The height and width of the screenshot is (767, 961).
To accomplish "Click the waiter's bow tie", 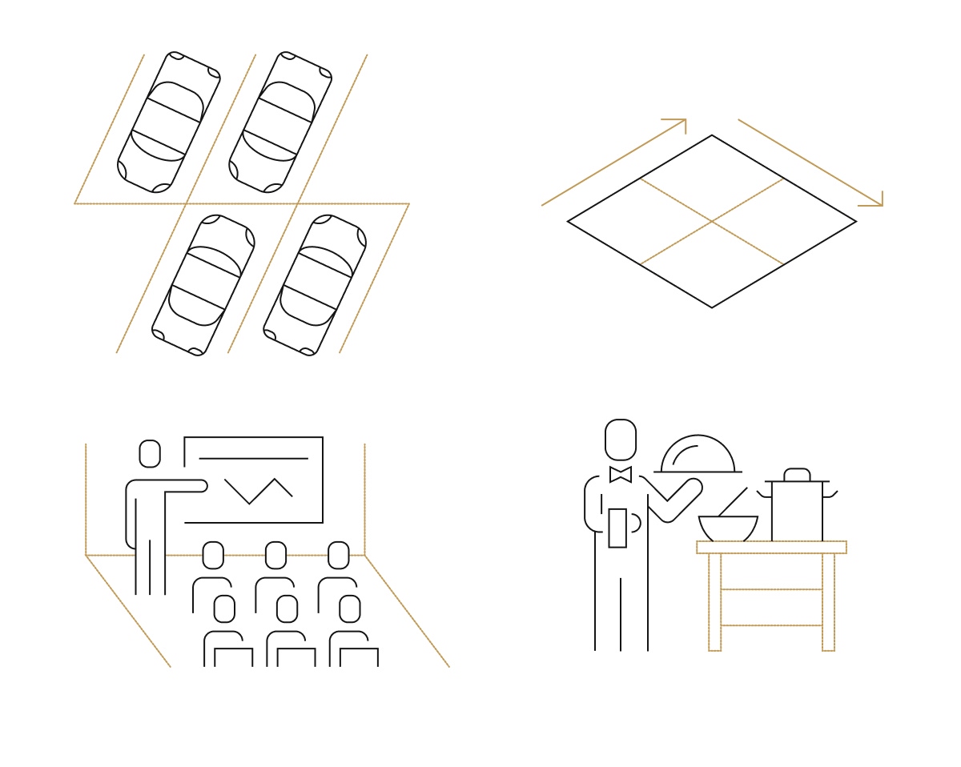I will coord(621,475).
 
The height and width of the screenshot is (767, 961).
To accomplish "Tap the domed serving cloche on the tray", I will coord(698,455).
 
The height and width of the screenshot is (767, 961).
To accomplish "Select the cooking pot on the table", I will coord(797,511).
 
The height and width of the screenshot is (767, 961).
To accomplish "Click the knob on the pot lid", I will coord(797,474).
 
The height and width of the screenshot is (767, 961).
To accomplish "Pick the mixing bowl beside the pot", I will coord(728,528).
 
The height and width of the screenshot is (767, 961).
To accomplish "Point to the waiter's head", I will coord(621,440).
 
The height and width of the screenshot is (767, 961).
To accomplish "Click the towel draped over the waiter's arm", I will coord(617,528).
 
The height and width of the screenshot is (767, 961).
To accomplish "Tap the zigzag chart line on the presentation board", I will coord(258,490).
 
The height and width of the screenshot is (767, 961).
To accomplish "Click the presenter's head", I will coord(150,453).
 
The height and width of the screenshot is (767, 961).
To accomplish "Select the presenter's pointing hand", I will coord(201,485).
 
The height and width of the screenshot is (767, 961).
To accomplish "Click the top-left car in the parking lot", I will coord(169,122).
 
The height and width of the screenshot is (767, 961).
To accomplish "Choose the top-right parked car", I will coord(280,122).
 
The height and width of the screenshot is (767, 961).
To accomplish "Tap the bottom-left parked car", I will coord(203,284).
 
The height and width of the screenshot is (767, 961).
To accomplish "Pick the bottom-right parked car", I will coord(315,284).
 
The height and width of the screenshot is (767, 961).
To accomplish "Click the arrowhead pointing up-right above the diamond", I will coord(682,122).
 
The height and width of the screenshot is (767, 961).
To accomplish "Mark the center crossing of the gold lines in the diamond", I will coord(712,221).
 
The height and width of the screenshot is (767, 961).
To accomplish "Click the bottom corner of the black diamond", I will coord(712,307).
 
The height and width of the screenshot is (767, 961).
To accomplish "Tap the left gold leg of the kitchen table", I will coord(714,601).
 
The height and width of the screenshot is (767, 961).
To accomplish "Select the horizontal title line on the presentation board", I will coord(253,459).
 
